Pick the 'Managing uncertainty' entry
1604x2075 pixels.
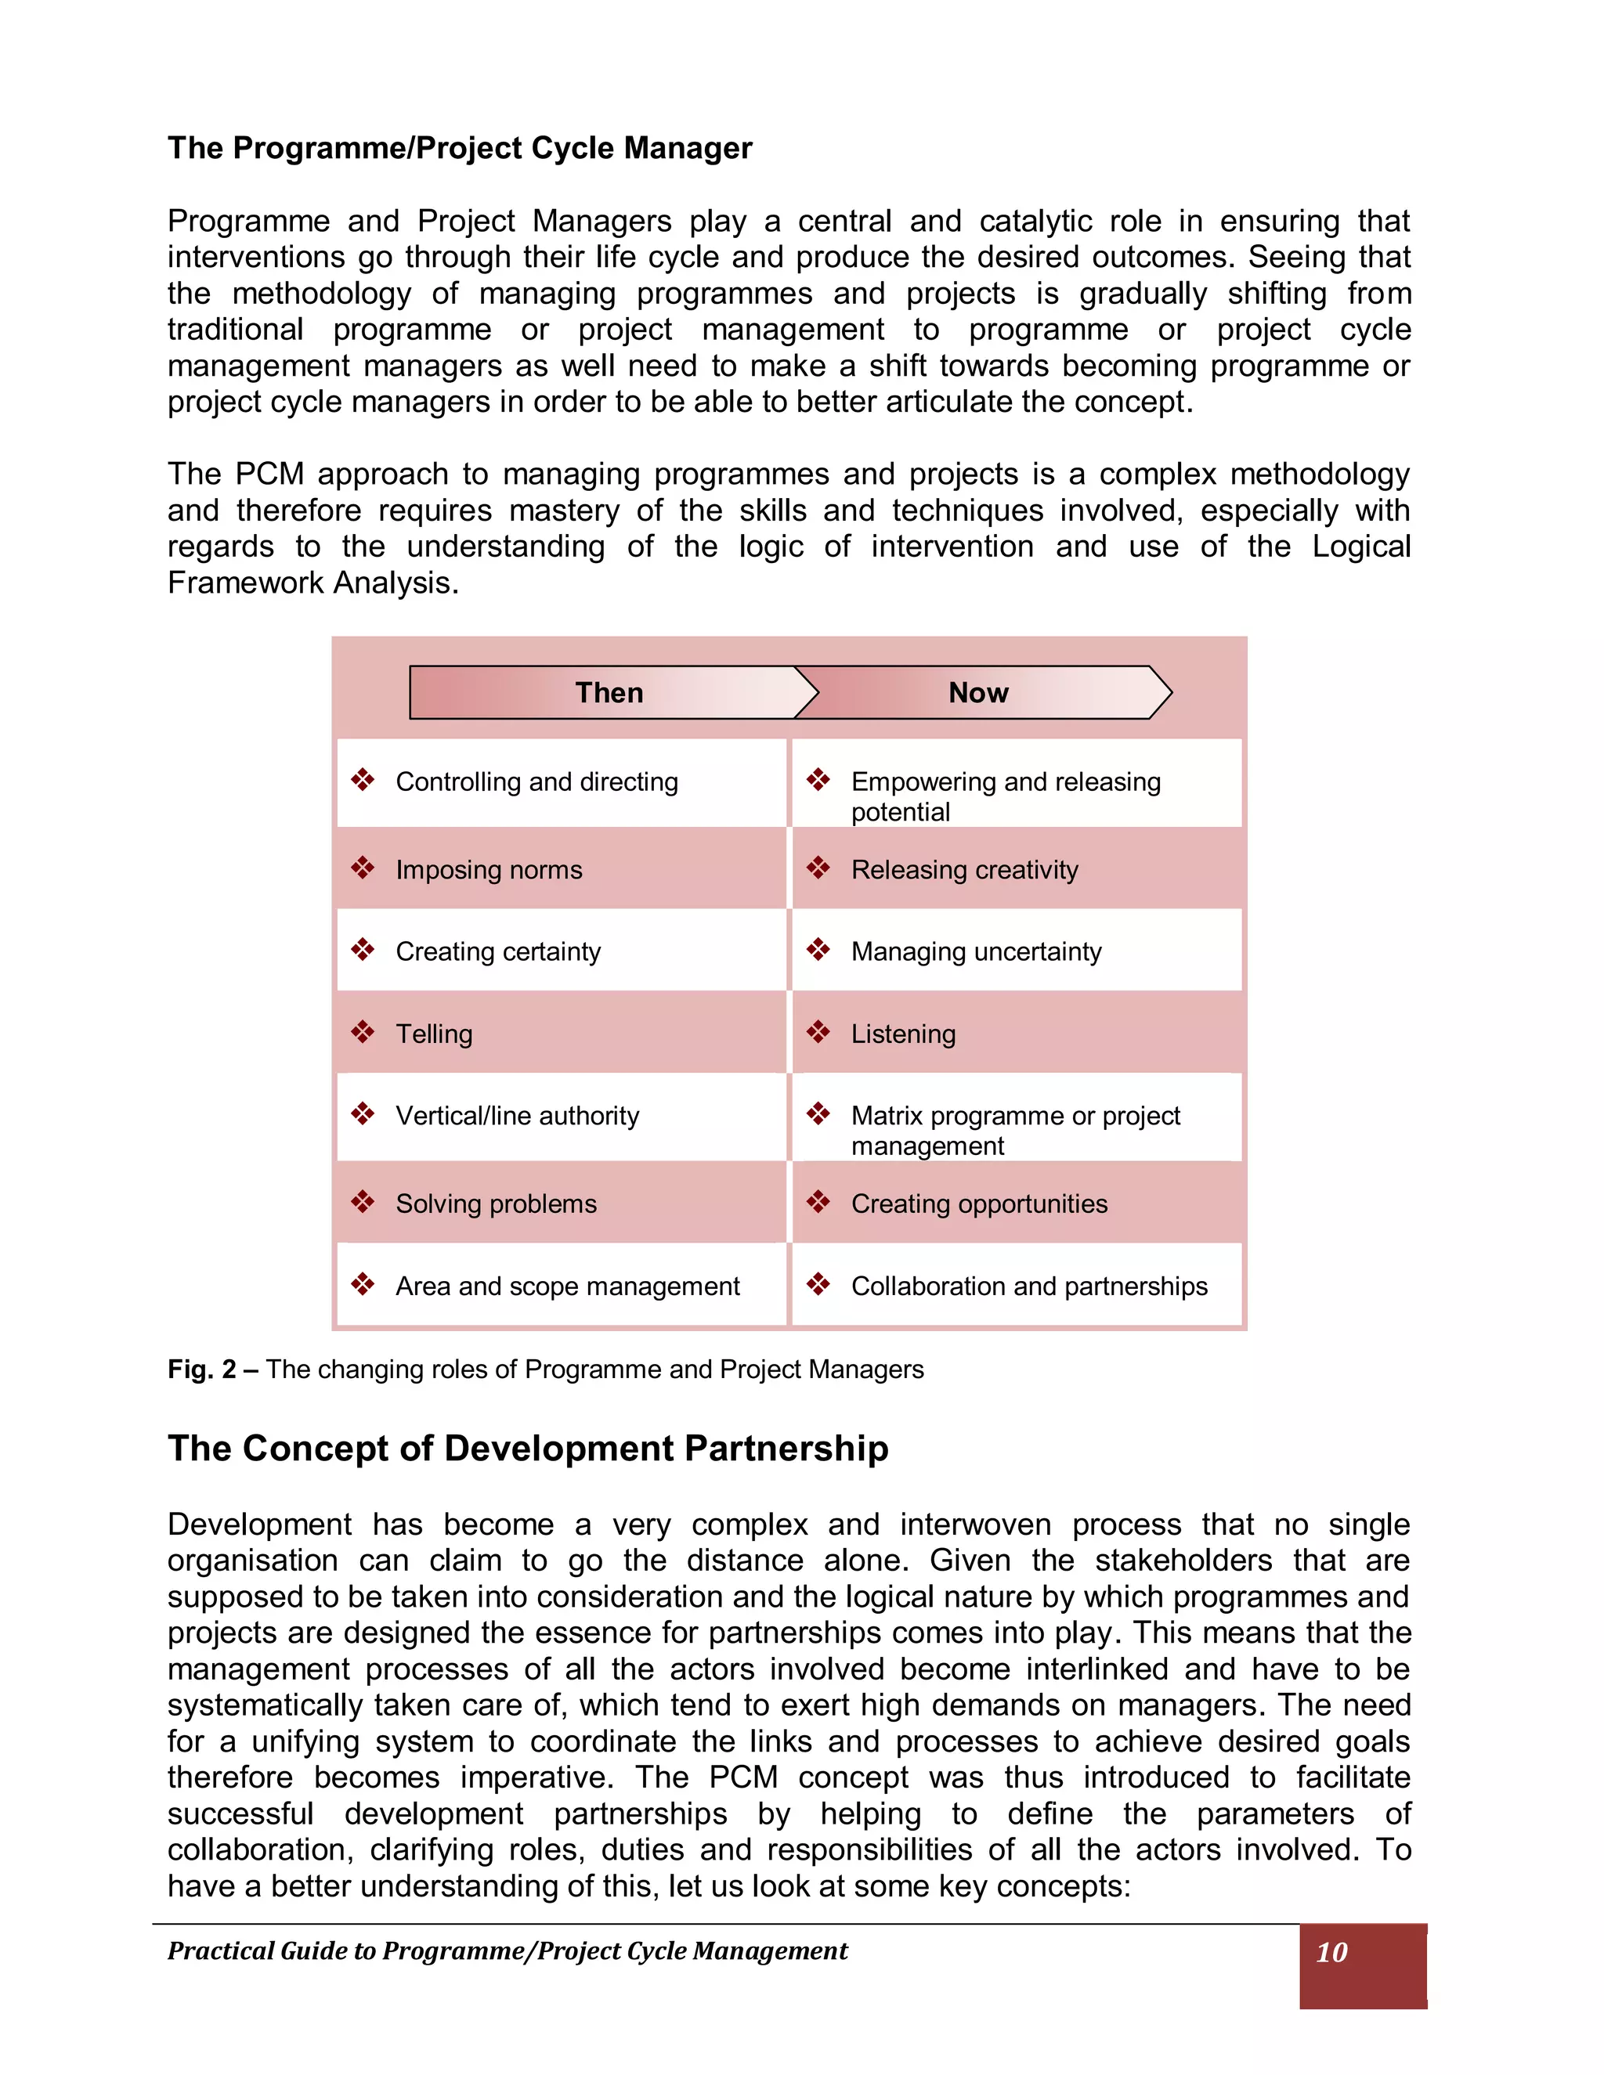tap(976, 951)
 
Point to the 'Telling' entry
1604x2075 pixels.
tap(434, 1034)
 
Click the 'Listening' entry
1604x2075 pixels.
tap(903, 1034)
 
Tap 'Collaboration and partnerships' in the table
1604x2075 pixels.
tap(1029, 1286)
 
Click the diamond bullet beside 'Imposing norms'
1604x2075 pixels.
tap(362, 868)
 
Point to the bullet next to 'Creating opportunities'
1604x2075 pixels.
tap(818, 1202)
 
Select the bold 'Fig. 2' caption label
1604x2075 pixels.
tap(201, 1369)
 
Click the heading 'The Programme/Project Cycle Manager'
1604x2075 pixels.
tap(460, 148)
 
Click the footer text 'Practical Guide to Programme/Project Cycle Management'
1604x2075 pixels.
tap(508, 1951)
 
